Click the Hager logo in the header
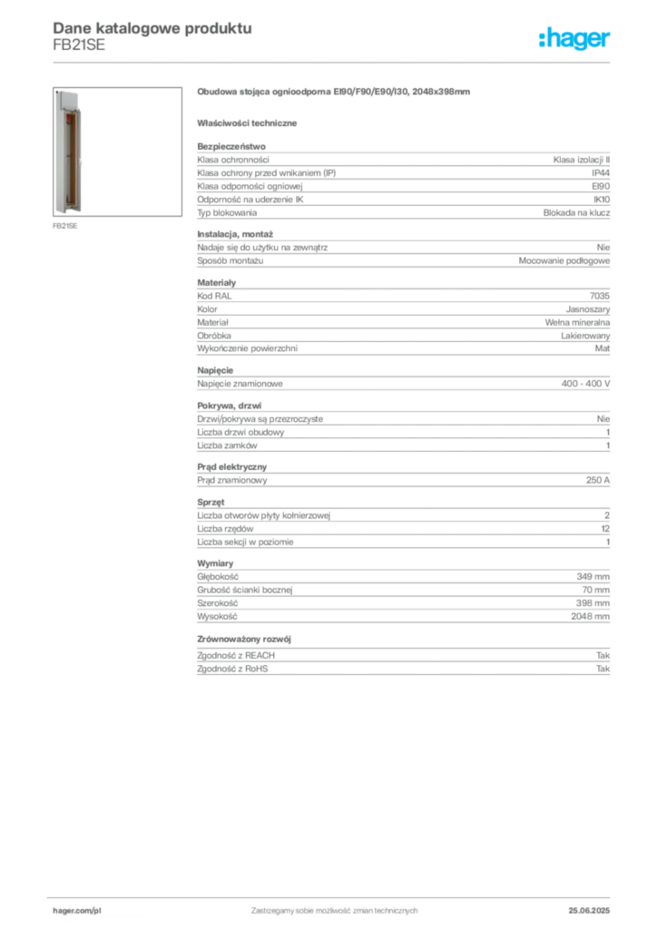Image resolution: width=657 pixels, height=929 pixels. click(574, 38)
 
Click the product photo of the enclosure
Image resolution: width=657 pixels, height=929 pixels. click(117, 152)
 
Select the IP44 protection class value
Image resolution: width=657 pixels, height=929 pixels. click(601, 173)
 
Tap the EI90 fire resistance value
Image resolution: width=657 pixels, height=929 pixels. click(601, 186)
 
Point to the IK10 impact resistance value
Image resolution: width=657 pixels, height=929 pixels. click(602, 200)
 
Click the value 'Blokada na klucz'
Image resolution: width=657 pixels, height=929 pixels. click(576, 212)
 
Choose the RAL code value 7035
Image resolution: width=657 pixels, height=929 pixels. click(600, 296)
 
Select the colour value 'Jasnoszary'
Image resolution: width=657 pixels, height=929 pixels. click(588, 309)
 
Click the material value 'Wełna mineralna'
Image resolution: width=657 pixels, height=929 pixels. click(577, 322)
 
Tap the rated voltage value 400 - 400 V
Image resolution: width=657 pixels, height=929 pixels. click(585, 384)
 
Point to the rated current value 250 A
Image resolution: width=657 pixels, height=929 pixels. click(598, 480)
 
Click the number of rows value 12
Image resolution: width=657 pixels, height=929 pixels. click(605, 529)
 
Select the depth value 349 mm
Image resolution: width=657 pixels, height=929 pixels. click(593, 576)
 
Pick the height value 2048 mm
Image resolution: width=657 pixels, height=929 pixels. click(590, 616)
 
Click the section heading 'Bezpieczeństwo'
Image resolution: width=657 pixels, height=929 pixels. click(231, 146)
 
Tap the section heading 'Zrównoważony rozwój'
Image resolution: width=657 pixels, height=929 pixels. click(244, 640)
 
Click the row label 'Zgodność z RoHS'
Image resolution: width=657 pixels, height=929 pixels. click(232, 669)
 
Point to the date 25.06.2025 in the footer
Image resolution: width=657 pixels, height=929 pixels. click(589, 911)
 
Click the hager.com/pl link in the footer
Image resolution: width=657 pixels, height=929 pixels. click(77, 911)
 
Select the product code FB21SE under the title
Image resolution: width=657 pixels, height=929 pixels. click(79, 45)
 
